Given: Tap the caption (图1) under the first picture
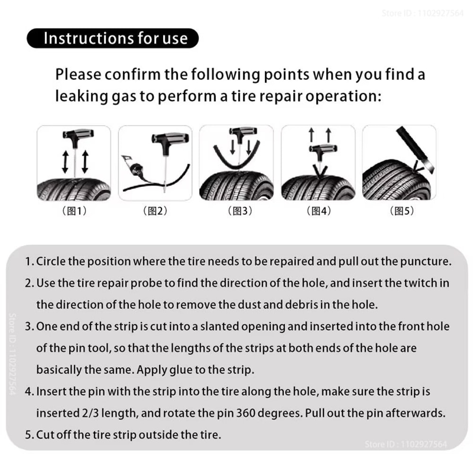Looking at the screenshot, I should click(x=75, y=211).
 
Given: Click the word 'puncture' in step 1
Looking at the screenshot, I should click(x=430, y=262).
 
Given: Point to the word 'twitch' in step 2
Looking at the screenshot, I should click(x=420, y=283).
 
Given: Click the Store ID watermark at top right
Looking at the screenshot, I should click(x=422, y=13).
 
